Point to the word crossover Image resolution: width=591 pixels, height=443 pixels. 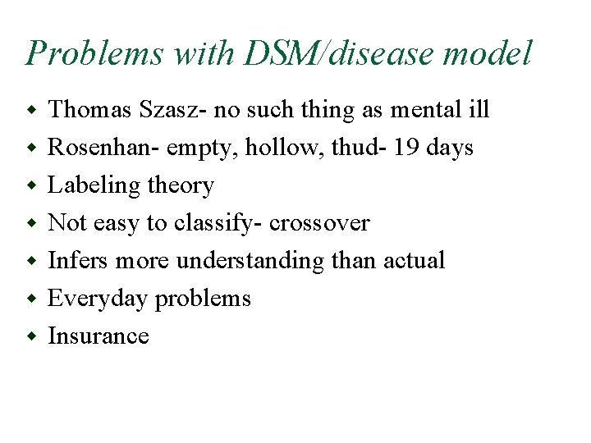(320, 223)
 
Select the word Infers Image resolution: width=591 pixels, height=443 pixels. (79, 260)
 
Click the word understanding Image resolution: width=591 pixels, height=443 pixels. (250, 262)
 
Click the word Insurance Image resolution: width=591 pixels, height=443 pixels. (98, 336)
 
